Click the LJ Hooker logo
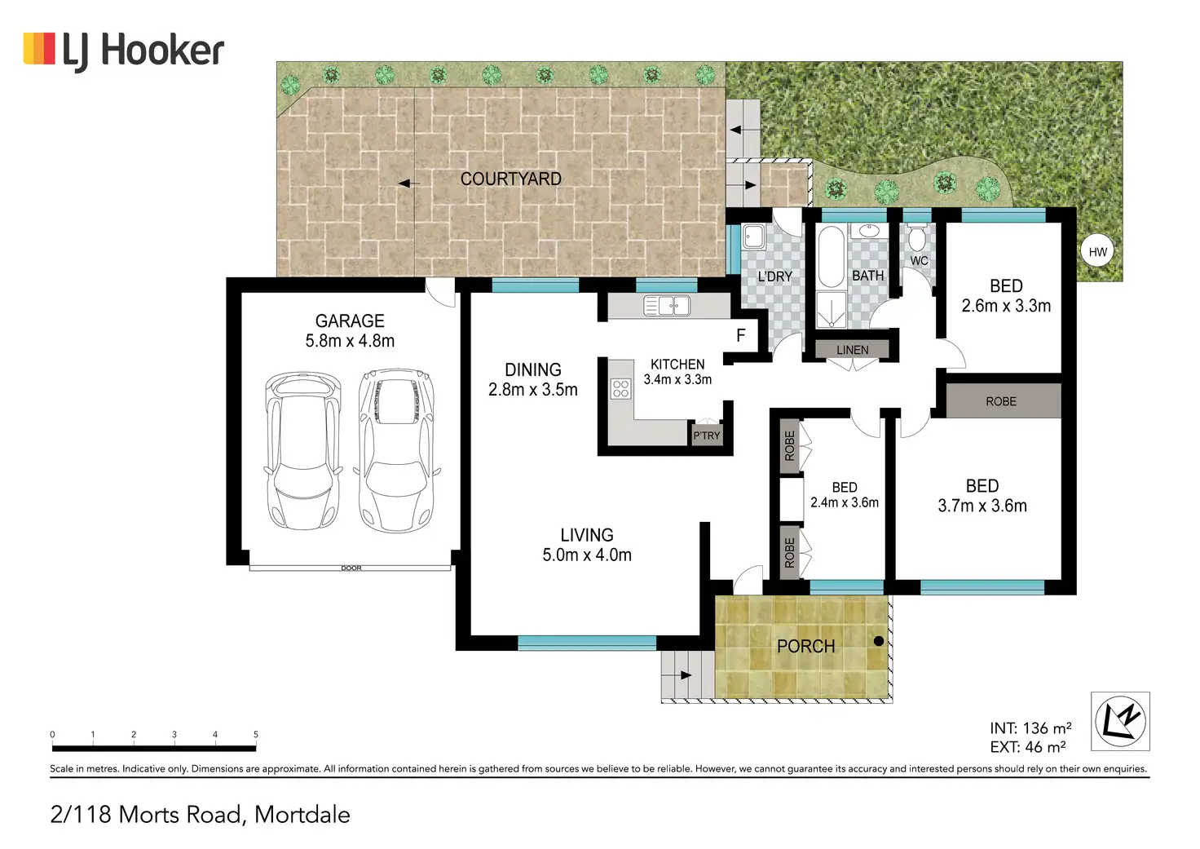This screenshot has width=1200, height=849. [x=123, y=52]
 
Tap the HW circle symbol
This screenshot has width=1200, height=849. [x=1097, y=251]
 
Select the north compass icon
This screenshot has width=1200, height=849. [x=1121, y=721]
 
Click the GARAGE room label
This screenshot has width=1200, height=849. [x=350, y=321]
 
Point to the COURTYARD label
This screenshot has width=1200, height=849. [x=510, y=179]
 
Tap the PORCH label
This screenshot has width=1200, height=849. [x=805, y=647]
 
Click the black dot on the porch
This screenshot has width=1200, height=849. [x=879, y=640]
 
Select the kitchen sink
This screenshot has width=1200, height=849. [x=667, y=306]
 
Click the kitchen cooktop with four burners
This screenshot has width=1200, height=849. [x=621, y=388]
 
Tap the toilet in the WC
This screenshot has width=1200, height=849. [x=917, y=237]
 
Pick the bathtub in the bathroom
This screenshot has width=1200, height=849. [x=832, y=257]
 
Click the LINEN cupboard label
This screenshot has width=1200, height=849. [x=853, y=350]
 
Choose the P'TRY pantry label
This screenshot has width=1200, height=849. [x=707, y=436]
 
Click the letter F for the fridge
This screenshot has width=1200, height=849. [x=741, y=335]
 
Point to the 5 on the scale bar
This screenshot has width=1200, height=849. [x=255, y=734]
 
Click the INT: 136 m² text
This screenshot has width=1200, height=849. [x=1030, y=727]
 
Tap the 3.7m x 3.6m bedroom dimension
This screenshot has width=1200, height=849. [x=982, y=506]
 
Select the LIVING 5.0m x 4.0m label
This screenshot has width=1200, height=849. [x=587, y=545]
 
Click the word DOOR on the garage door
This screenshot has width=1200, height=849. [x=351, y=568]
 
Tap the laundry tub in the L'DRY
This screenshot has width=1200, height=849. [x=754, y=237]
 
